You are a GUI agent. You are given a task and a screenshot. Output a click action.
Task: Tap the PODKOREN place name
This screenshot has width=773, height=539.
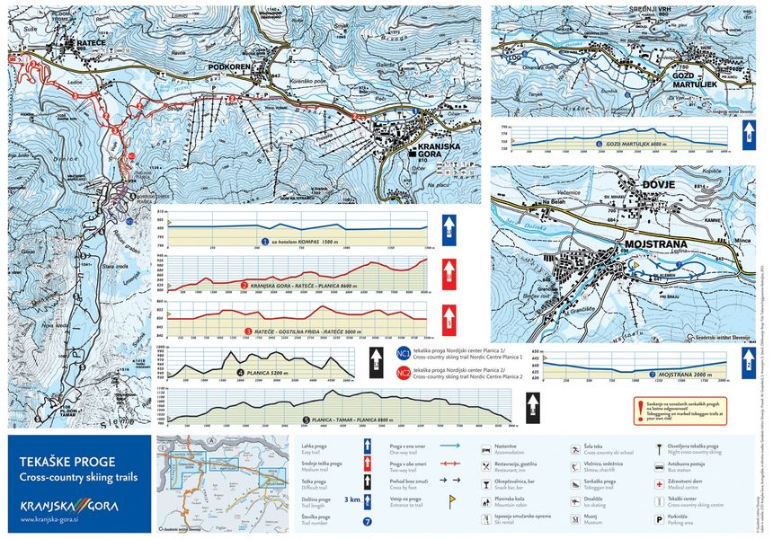[220, 66]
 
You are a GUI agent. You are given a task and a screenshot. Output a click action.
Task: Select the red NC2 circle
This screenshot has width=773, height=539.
[403, 373]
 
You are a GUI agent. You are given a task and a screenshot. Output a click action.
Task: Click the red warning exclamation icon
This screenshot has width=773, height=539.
[641, 405]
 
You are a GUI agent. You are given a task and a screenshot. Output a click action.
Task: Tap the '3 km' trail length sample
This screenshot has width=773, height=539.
[352, 499]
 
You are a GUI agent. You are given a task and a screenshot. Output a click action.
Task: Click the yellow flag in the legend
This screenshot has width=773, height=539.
[661, 446]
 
